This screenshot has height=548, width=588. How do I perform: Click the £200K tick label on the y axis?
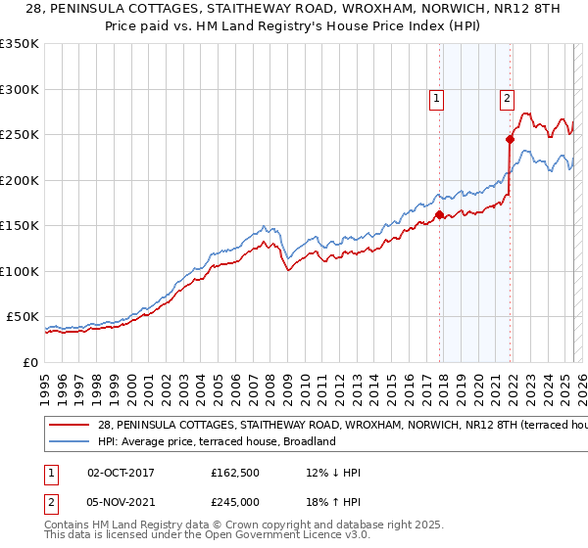click(19, 180)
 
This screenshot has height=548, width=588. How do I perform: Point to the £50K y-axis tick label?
click(23, 317)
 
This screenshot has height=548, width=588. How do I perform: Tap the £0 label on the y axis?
click(30, 362)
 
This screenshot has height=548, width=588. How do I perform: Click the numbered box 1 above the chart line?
click(435, 97)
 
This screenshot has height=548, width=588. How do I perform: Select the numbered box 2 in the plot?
click(507, 97)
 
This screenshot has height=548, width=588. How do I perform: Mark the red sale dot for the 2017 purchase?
click(439, 214)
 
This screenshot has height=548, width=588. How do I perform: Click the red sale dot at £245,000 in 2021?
click(511, 139)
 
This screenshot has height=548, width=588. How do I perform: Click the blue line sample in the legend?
click(70, 441)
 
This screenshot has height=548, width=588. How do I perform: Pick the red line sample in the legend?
click(70, 426)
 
